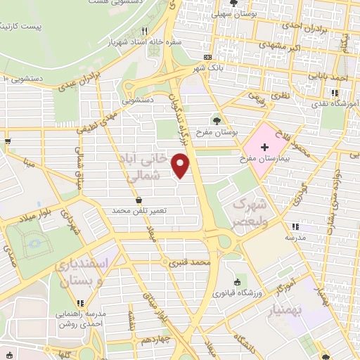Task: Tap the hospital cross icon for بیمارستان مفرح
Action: [264, 148]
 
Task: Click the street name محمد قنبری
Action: [190, 262]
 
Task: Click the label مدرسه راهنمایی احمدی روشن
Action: [80, 317]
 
